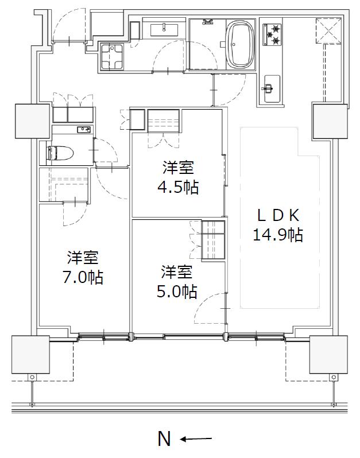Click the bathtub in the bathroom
click(239, 44)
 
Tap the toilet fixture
click(60, 153)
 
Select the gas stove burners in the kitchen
click(272, 35)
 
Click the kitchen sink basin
click(272, 88)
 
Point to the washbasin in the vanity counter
click(164, 30)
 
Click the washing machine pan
click(112, 57)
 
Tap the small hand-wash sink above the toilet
click(84, 129)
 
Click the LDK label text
click(278, 216)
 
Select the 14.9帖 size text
click(277, 235)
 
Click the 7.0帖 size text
click(83, 277)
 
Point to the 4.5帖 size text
click(178, 188)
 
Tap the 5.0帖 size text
click(177, 291)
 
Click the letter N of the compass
click(164, 438)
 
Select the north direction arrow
click(196, 438)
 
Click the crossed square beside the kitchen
click(329, 31)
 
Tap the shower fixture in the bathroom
click(208, 22)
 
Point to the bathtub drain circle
click(234, 44)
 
